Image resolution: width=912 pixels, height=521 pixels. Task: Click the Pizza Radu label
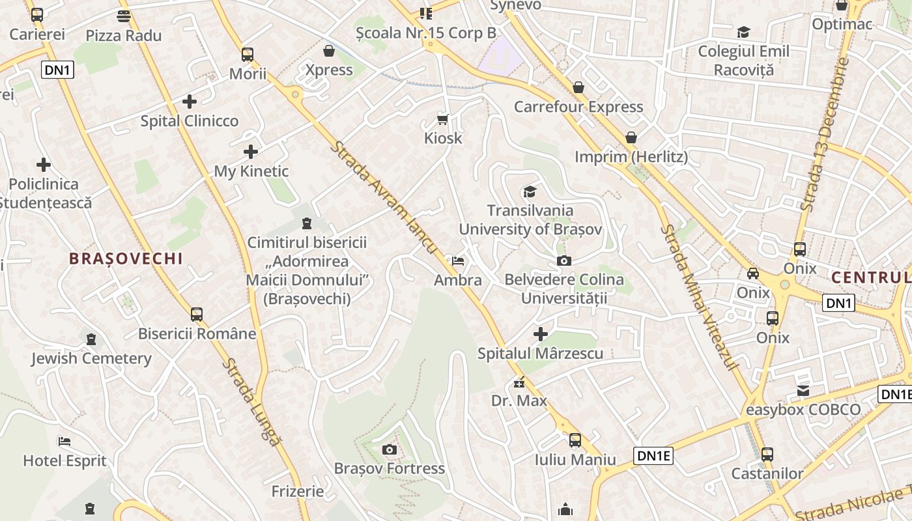click(124, 35)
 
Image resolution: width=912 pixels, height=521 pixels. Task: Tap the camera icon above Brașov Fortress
click(390, 449)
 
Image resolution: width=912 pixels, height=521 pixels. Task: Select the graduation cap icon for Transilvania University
click(530, 191)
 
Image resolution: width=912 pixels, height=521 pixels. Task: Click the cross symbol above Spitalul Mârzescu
click(541, 334)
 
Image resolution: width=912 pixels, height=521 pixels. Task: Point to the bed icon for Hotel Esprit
click(64, 442)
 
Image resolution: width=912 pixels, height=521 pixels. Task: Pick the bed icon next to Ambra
click(459, 261)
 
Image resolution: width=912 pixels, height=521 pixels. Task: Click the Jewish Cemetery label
click(91, 358)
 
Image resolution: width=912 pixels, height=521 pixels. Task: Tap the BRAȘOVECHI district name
click(126, 259)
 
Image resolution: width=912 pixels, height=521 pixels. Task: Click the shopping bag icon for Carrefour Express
click(578, 87)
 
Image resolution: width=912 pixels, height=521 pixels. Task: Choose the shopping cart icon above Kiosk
click(443, 119)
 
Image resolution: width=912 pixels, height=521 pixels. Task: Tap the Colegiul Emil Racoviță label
click(744, 60)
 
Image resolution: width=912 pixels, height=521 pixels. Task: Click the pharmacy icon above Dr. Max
click(519, 382)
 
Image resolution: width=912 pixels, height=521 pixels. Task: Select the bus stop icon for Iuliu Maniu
click(575, 440)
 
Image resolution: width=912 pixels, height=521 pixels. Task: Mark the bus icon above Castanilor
click(767, 454)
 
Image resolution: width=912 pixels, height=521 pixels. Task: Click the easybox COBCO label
click(803, 410)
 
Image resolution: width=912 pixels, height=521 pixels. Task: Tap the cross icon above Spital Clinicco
click(190, 102)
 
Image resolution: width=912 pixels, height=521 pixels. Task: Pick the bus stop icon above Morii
click(248, 55)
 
